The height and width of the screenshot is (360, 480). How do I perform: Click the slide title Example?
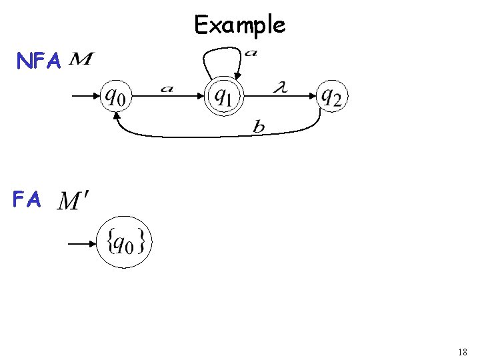pos(239,25)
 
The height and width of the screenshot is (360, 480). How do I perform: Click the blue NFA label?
pos(39,62)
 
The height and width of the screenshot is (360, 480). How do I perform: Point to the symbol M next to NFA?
pos(81,61)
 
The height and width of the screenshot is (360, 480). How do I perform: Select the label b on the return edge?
pos(258,127)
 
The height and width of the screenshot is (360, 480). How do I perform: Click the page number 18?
pos(463,352)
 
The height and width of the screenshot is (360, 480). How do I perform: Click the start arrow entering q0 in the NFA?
pos(85,97)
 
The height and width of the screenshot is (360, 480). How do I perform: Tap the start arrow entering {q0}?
pos(83,244)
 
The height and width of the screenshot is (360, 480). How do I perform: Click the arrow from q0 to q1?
pos(171,97)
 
